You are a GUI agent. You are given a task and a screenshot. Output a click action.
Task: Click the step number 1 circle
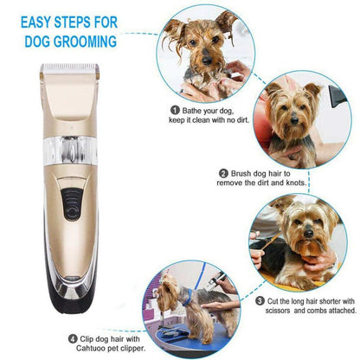[175, 111]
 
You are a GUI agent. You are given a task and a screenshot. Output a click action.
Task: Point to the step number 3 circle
[260, 301]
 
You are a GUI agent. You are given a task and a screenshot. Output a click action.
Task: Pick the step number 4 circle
[23, 337]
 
